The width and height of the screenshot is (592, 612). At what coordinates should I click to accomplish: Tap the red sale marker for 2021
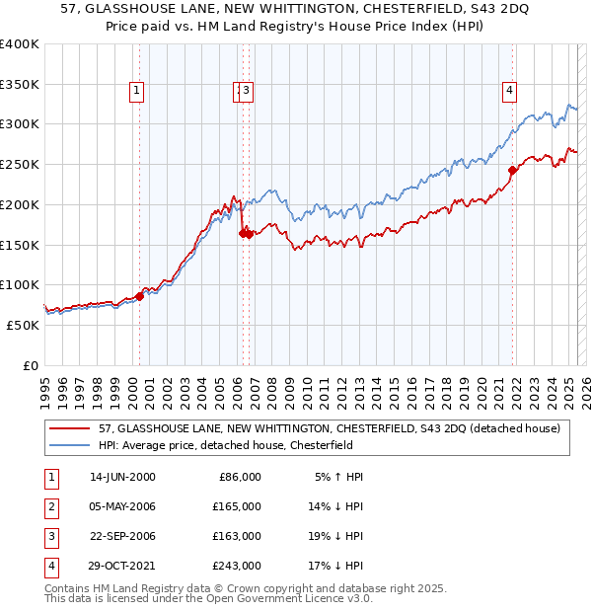513,170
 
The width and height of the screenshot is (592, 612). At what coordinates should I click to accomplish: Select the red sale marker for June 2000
140,295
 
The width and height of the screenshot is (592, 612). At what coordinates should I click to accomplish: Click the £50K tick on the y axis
24,325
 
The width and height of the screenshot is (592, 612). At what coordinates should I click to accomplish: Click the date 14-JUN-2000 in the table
122,477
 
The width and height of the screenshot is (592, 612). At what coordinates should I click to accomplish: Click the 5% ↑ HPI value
339,477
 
